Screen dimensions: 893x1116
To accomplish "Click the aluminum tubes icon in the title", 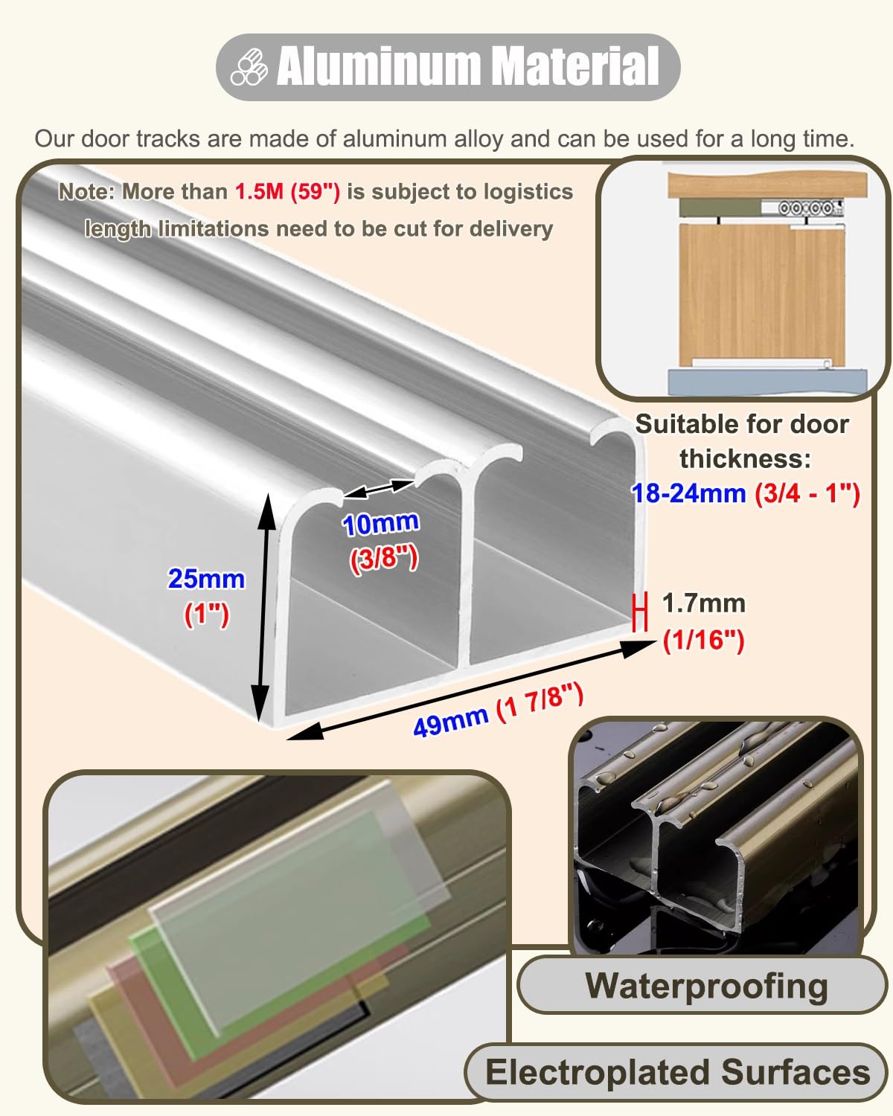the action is (249, 66).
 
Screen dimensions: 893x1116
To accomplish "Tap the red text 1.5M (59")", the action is (287, 191).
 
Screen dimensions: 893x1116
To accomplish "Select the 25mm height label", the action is (206, 579).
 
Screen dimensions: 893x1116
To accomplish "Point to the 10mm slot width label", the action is (380, 523).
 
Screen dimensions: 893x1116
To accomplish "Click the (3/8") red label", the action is (383, 559).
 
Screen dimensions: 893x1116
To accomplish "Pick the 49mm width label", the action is (450, 722).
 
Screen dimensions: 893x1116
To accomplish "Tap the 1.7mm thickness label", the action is (703, 603).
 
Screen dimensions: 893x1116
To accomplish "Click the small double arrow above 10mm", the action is (378, 489).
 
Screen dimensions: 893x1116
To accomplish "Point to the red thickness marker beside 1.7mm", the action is (641, 612).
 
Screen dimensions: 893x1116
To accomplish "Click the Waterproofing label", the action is (706, 985).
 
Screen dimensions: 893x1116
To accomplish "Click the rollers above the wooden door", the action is (805, 208).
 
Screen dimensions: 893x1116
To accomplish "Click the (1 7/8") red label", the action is (540, 704).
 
